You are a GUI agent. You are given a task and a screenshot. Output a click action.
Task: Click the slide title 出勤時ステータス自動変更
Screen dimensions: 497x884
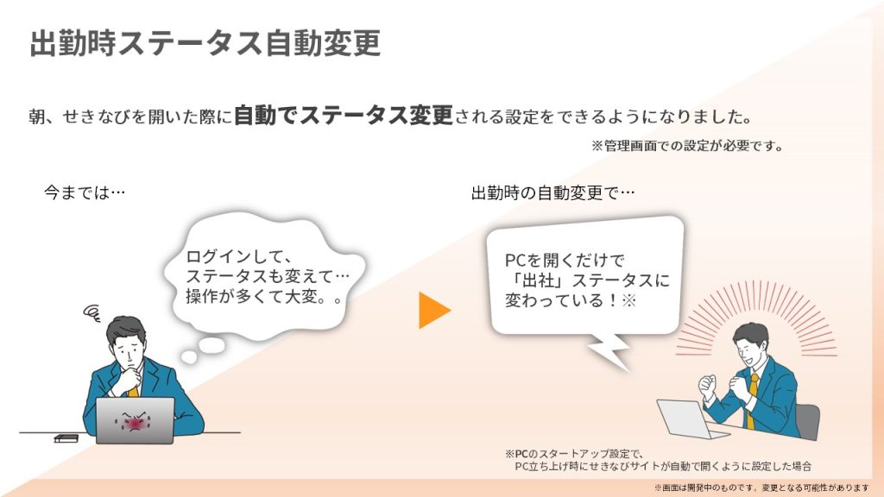[205, 43]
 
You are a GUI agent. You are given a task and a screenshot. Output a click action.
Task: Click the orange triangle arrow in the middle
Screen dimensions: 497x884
[433, 310]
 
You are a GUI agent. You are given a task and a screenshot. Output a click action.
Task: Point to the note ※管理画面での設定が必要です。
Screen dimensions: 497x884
[687, 146]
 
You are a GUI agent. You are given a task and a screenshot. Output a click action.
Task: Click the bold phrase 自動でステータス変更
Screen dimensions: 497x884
[343, 116]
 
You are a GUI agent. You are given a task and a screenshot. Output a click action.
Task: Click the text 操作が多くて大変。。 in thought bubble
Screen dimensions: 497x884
[264, 296]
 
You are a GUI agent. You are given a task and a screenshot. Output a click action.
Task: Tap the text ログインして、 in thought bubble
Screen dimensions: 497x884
[235, 257]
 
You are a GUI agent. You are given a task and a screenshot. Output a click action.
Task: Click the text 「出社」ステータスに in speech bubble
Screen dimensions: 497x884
[587, 280]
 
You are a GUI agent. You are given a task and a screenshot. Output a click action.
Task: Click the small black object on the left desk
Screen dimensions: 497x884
[66, 437]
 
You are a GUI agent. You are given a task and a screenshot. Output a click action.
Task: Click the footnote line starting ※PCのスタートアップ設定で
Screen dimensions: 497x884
[575, 453]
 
